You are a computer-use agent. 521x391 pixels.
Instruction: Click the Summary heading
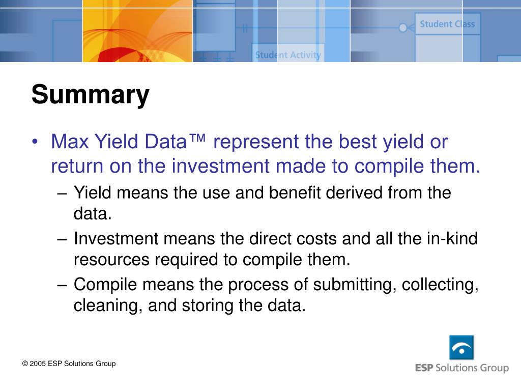(x=90, y=95)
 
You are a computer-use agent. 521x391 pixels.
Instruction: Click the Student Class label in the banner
(x=447, y=24)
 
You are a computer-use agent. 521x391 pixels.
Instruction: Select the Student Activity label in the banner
(x=288, y=55)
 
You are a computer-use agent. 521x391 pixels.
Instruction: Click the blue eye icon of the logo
(x=461, y=348)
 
